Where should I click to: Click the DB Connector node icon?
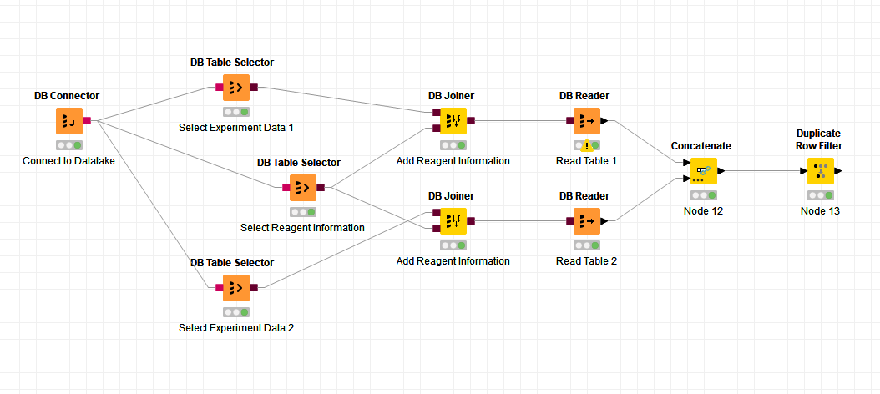[x=68, y=121]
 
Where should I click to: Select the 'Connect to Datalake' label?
[x=68, y=160]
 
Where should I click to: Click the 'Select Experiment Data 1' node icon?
[x=235, y=87]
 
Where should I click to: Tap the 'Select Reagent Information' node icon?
[x=302, y=188]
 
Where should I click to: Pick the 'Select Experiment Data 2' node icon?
[x=235, y=288]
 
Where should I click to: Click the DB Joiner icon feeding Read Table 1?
[x=453, y=121]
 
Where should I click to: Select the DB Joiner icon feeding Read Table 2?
[x=453, y=221]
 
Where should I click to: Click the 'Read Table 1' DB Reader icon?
[x=586, y=121]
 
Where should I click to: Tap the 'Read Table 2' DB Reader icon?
[x=586, y=221]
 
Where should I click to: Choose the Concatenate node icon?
[x=703, y=171]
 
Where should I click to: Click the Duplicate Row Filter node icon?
[x=820, y=171]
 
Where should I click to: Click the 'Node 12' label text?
[x=703, y=210]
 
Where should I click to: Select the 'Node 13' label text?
[x=820, y=210]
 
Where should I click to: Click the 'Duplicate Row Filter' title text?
[x=819, y=139]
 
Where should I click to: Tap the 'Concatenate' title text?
[x=701, y=145]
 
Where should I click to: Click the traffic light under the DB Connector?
[x=68, y=145]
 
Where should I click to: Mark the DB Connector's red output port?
[x=88, y=121]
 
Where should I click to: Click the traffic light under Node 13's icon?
[x=820, y=195]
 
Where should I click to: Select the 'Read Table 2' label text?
[x=586, y=260]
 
